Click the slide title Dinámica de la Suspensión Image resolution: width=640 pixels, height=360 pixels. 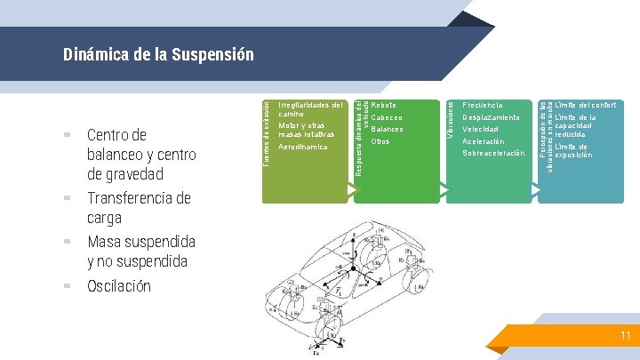coord(158,55)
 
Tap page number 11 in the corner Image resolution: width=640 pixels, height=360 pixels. coord(625,336)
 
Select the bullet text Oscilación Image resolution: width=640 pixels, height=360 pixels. coord(119,286)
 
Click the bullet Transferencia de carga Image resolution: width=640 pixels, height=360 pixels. coord(139,208)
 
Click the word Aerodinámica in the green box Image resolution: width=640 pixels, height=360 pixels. coord(303,147)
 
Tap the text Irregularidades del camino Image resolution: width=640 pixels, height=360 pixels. coord(309,109)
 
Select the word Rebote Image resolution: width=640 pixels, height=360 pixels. coord(384,105)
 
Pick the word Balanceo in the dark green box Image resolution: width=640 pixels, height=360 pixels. coord(388,130)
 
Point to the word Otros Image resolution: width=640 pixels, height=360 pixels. coord(380,141)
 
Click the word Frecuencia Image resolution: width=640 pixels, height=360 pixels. coord(483,105)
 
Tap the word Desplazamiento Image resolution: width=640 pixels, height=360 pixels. coord(492,117)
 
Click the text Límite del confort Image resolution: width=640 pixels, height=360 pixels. coord(588,105)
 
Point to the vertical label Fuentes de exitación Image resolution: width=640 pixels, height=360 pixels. coord(265,132)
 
